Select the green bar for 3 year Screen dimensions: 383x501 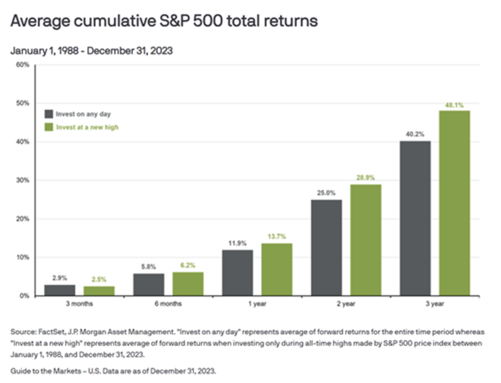[454, 203]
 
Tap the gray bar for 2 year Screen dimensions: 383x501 [326, 247]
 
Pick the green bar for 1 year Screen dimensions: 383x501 [276, 269]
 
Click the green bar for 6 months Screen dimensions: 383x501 [188, 284]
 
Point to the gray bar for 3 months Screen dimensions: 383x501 [60, 290]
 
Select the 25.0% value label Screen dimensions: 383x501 [326, 193]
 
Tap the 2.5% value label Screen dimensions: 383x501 [99, 279]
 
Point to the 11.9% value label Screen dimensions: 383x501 [237, 243]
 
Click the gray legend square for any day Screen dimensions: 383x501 [49, 114]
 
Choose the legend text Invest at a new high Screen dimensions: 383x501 [87, 127]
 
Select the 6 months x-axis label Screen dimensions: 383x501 [168, 304]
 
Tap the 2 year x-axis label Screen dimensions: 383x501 [346, 304]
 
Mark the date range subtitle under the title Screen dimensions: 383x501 [92, 51]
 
